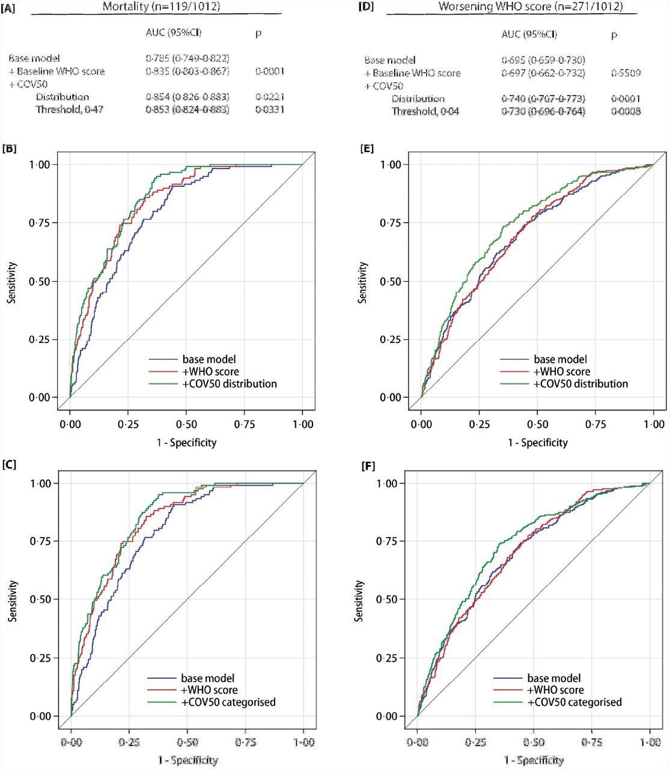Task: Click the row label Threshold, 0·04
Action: point(425,111)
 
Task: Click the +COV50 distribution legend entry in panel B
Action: point(229,383)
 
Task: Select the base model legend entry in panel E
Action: point(560,359)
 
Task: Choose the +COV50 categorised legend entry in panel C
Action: point(228,702)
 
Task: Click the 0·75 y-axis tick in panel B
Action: point(46,223)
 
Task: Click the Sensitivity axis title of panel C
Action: point(12,601)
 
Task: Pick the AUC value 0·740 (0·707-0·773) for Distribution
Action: point(543,99)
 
